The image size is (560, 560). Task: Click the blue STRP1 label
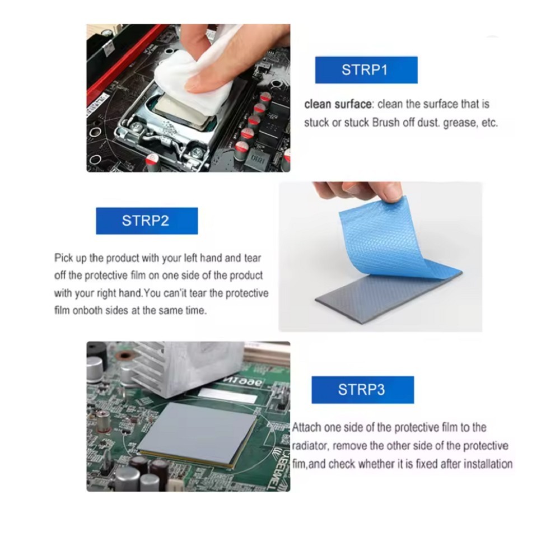365,70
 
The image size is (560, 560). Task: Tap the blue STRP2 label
146,220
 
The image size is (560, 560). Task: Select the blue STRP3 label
362,390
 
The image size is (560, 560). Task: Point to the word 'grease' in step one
458,123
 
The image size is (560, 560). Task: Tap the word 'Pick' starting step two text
63,258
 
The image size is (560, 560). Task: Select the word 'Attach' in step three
307,427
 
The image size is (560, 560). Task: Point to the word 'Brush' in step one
386,123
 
